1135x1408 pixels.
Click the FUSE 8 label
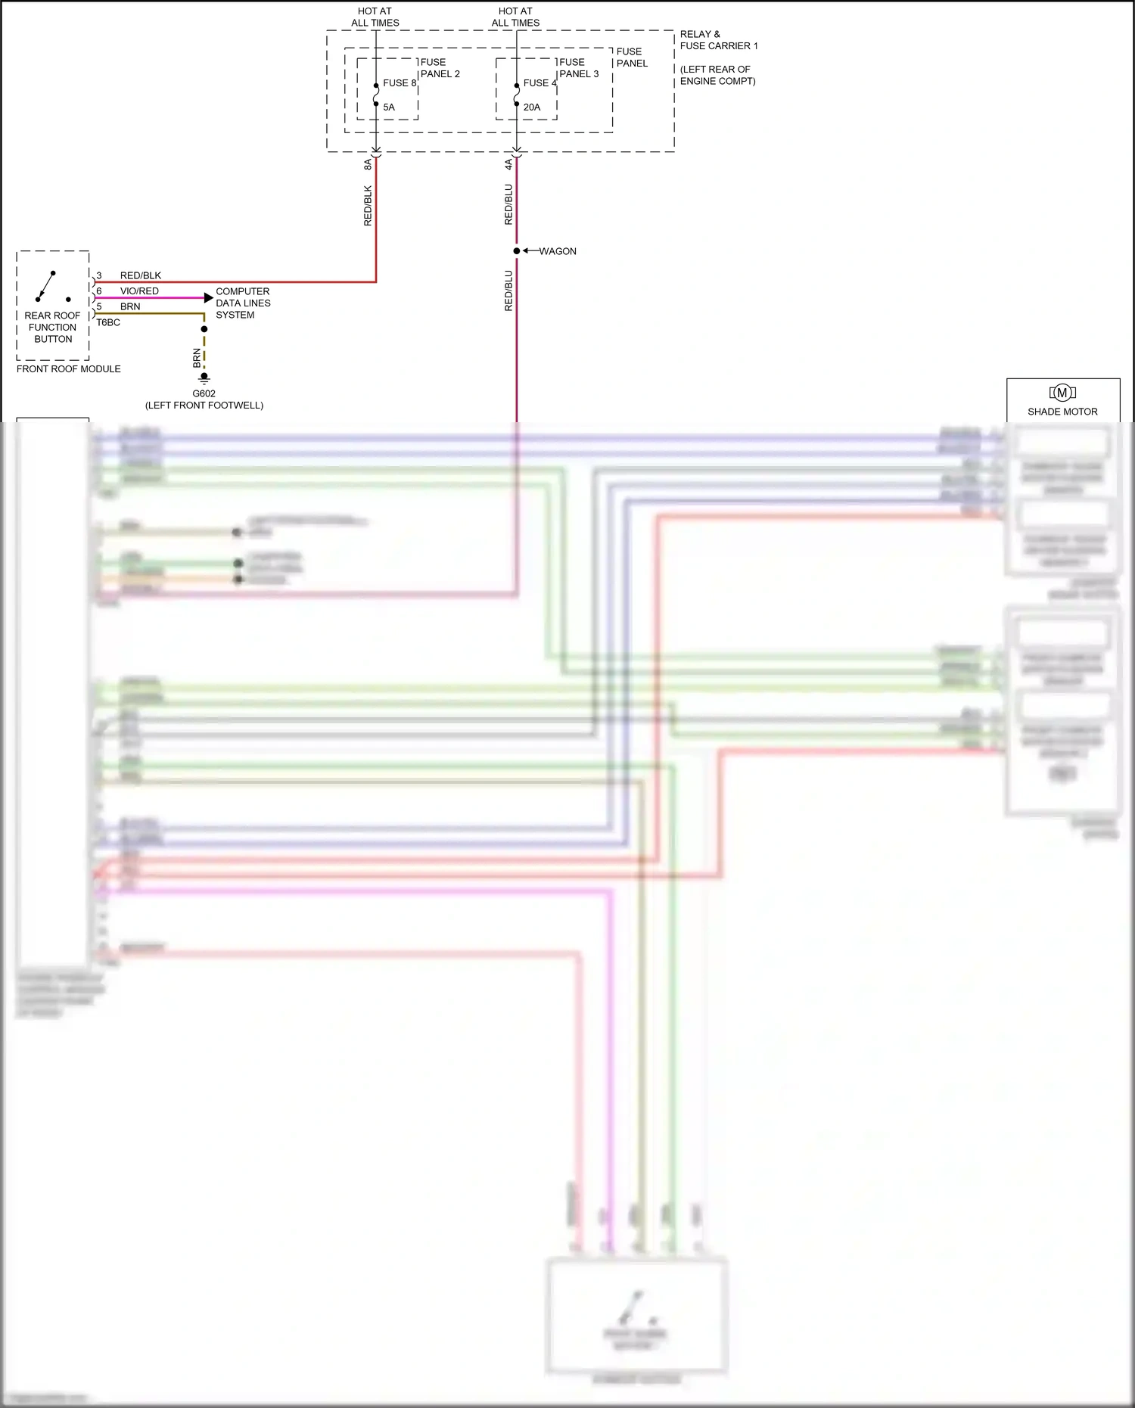[x=399, y=83]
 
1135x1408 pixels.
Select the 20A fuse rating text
[x=532, y=107]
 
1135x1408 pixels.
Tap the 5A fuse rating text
[x=389, y=107]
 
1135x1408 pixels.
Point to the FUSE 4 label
[x=540, y=83]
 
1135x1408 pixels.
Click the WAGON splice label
[x=558, y=251]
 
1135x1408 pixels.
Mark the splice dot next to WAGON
[x=517, y=251]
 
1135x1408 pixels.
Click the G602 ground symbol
[x=204, y=378]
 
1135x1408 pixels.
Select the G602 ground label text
[x=204, y=393]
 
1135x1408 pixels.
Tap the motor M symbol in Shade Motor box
[x=1062, y=393]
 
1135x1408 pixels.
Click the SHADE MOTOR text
[x=1062, y=412]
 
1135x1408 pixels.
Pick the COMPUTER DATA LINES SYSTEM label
[x=243, y=303]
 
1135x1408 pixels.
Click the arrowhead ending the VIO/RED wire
[x=209, y=298]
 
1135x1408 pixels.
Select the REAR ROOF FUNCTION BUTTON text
[x=53, y=328]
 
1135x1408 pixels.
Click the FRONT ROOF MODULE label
[x=69, y=369]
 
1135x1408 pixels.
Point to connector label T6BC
[x=108, y=322]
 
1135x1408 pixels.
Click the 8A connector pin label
[x=368, y=164]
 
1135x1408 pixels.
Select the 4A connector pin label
[x=508, y=164]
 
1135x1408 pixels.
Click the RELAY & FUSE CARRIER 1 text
[x=718, y=40]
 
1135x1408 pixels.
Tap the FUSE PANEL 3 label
[x=579, y=68]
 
